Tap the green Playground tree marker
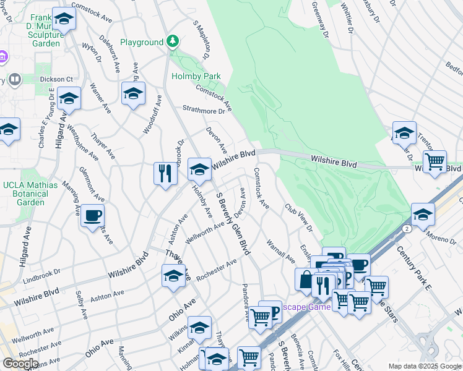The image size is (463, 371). (x=173, y=42)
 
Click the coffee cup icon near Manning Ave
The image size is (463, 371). (x=93, y=216)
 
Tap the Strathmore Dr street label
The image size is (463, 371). (x=203, y=110)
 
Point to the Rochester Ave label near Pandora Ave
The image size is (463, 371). (x=217, y=270)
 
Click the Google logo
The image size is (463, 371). (x=20, y=363)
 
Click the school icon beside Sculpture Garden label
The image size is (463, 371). (x=63, y=20)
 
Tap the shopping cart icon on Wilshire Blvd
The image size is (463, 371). (x=435, y=162)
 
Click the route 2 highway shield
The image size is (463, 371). (x=407, y=228)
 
